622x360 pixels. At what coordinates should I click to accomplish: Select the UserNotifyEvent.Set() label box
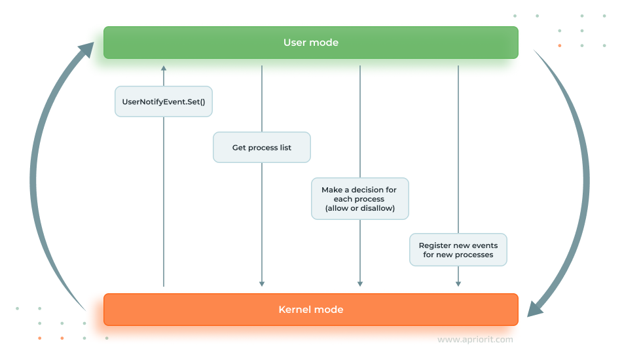163,101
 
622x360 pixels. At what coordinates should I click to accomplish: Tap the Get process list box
261,148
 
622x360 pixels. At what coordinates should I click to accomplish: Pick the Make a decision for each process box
359,198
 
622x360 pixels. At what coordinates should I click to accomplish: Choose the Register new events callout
458,250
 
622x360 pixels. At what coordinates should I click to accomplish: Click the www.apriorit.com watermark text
475,340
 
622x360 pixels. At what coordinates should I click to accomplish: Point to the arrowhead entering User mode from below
164,68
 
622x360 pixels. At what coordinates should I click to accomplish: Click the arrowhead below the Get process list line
262,283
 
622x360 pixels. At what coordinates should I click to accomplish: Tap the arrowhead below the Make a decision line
360,283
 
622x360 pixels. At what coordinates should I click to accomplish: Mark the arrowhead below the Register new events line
458,283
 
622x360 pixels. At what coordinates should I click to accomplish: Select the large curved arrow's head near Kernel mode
537,306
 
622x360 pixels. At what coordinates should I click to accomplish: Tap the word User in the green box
294,43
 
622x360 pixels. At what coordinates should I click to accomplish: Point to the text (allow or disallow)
359,207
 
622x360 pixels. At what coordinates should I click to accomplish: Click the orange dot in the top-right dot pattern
559,46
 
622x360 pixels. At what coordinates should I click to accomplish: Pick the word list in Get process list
285,148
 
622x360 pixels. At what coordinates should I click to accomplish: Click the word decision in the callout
367,190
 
